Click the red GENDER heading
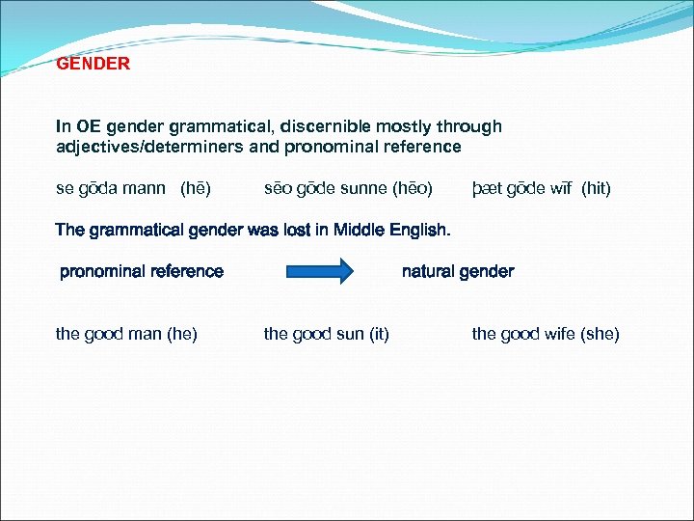93,65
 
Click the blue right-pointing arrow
320,271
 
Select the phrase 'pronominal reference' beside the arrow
142,272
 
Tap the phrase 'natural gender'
458,272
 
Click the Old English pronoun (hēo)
412,188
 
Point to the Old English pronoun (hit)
597,188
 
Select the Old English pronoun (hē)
196,188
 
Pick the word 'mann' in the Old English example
145,188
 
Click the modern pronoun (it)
377,334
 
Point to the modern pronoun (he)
182,334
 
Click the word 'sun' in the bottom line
346,334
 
